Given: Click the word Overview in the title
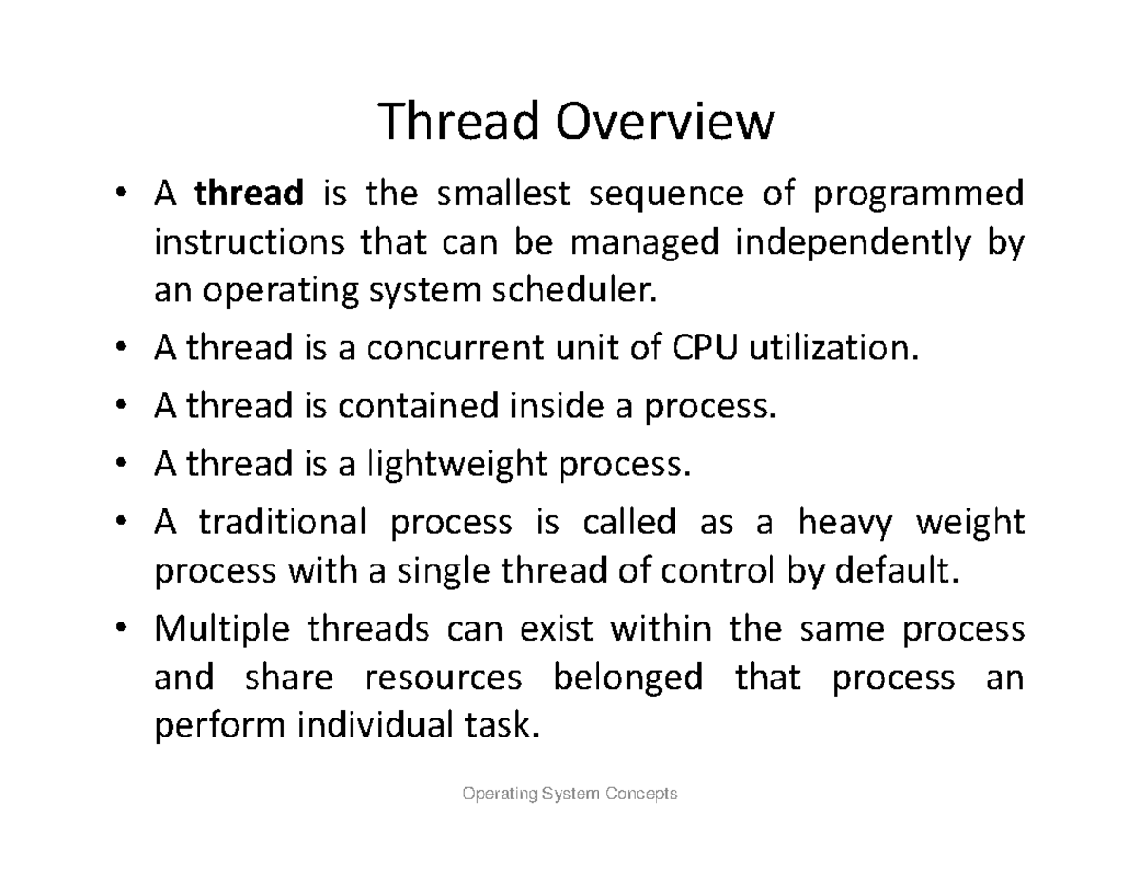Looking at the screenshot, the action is pyautogui.click(x=665, y=122).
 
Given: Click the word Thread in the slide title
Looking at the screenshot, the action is pyautogui.click(x=458, y=122).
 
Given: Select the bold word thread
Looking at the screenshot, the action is pyautogui.click(x=249, y=193).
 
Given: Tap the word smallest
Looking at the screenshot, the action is pyautogui.click(x=503, y=193).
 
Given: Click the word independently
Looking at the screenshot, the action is pyautogui.click(x=853, y=243).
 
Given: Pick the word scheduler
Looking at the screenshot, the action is pyautogui.click(x=574, y=290).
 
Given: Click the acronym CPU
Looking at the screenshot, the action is pyautogui.click(x=705, y=347).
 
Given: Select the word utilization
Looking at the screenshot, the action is pyautogui.click(x=833, y=347).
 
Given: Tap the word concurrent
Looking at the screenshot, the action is pyautogui.click(x=455, y=348).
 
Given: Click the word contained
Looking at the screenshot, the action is pyautogui.click(x=418, y=405).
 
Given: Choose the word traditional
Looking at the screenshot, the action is pyautogui.click(x=282, y=522).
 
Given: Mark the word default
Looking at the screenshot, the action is pyautogui.click(x=897, y=570).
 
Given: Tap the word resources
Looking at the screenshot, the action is pyautogui.click(x=444, y=678).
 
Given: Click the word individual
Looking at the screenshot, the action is pyautogui.click(x=375, y=725).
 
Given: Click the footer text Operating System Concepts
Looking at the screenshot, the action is pyautogui.click(x=570, y=794).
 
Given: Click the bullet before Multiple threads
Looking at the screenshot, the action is pyautogui.click(x=121, y=627).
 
